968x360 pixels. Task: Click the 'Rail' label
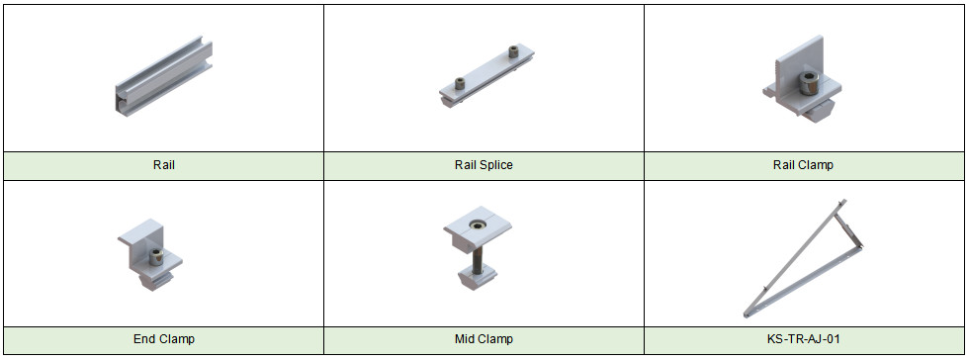coord(163,165)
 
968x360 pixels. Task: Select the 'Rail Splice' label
coord(484,165)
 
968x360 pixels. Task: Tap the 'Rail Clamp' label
coord(803,165)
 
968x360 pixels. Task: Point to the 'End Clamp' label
coord(163,339)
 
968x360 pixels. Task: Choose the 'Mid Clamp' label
coord(484,339)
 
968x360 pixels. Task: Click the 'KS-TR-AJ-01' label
coord(803,339)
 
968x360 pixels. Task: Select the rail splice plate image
coord(486,76)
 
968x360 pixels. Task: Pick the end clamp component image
coord(150,253)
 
